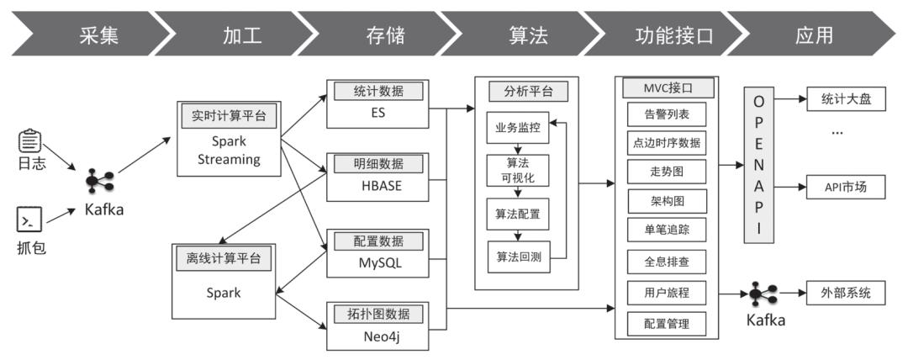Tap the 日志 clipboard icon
[x=30, y=139]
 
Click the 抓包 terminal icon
[x=29, y=220]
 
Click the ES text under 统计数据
[x=377, y=112]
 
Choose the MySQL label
[x=377, y=262]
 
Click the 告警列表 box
[x=667, y=114]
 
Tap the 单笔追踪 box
[x=667, y=230]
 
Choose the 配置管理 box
[x=667, y=323]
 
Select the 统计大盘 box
[x=847, y=99]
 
